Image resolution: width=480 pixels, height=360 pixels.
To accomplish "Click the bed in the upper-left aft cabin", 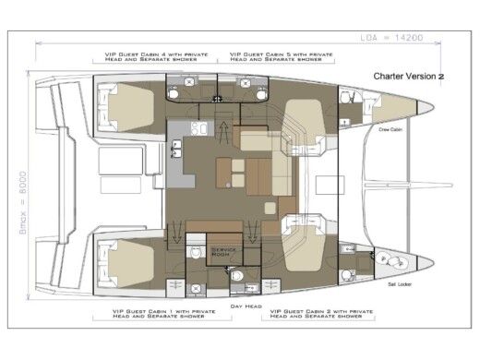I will [124, 106].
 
